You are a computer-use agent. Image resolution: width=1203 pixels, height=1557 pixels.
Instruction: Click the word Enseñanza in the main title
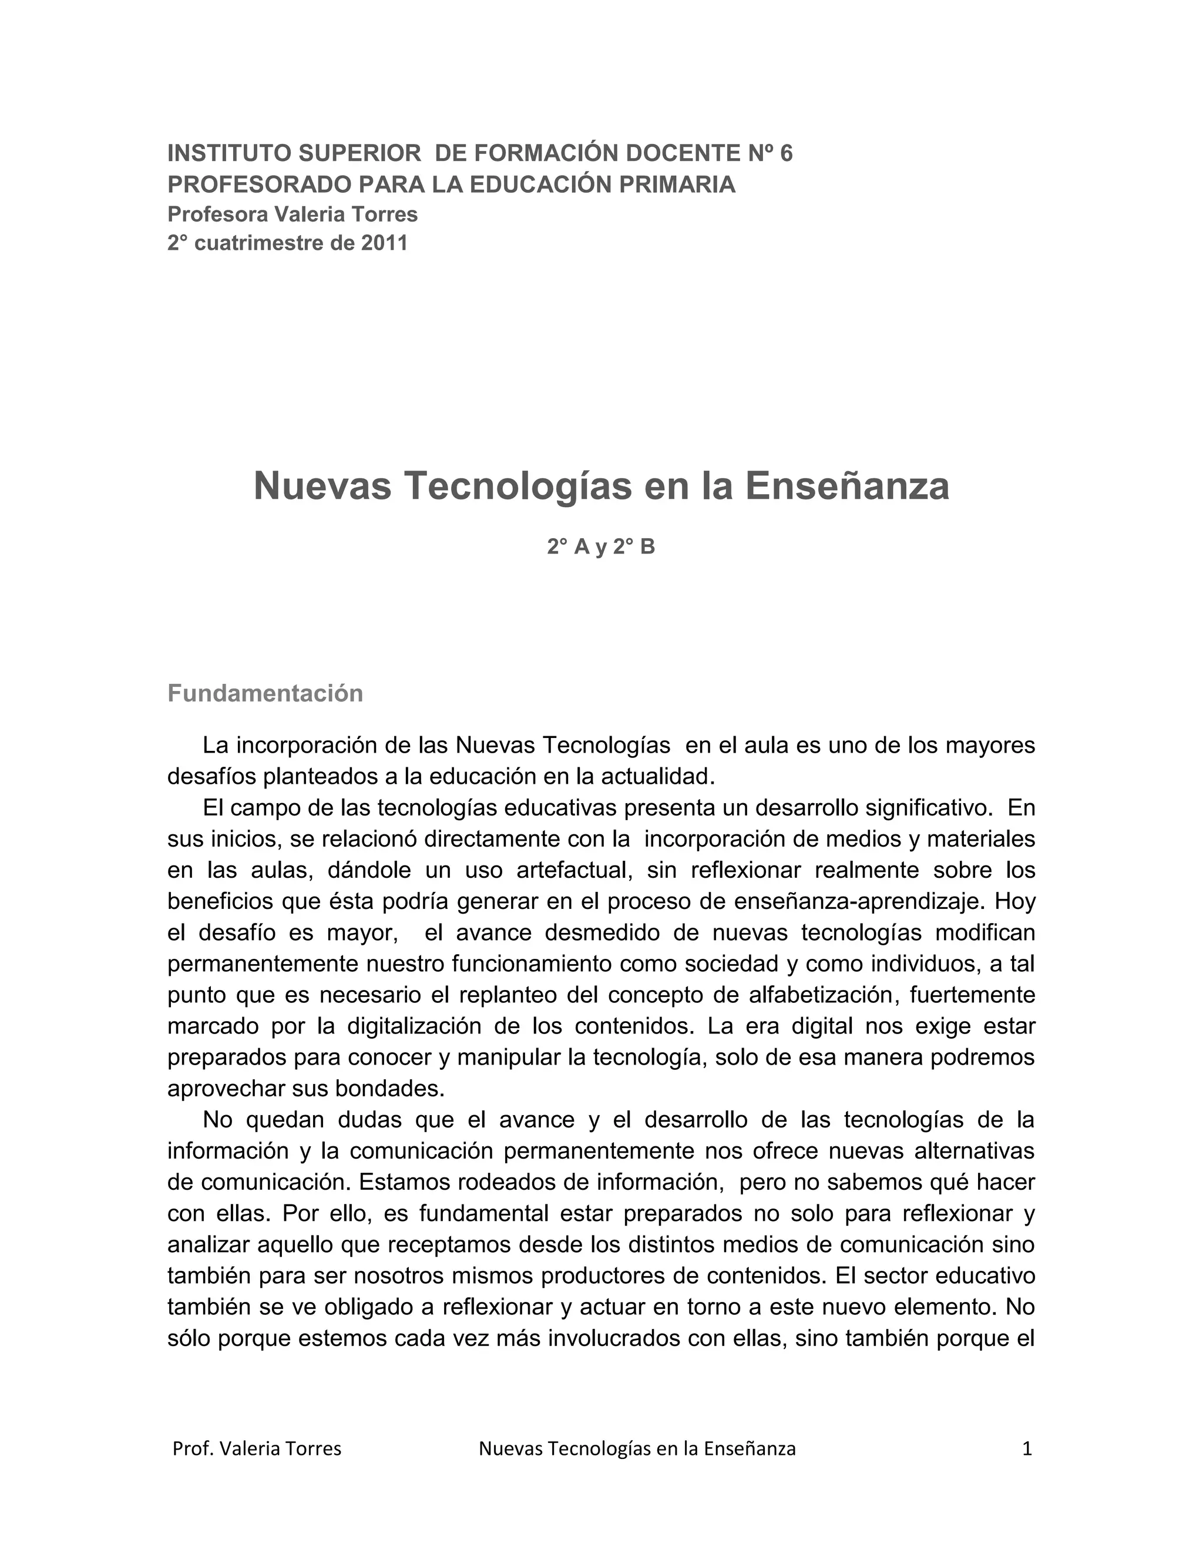(848, 487)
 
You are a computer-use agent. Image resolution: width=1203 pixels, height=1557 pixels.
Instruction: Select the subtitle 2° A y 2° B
(601, 547)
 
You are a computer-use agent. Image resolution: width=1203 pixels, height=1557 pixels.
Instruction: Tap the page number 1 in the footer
(1027, 1449)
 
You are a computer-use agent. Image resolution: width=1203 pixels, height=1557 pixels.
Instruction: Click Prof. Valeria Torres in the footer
(257, 1449)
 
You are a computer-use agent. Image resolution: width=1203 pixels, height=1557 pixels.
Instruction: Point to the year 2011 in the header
(384, 244)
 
